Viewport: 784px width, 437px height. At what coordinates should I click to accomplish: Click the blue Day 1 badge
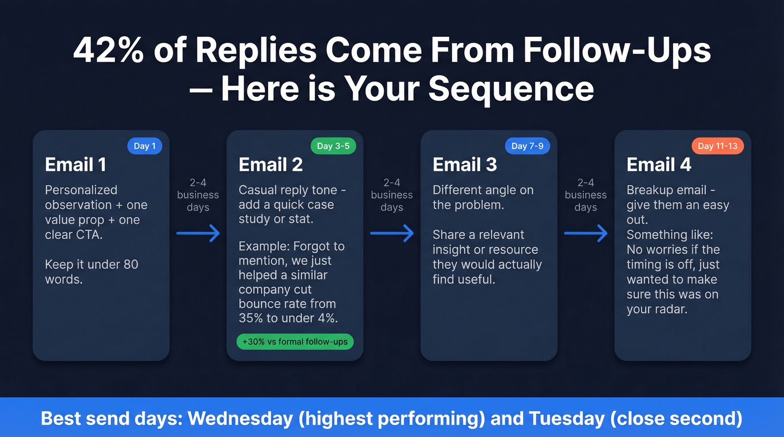click(x=144, y=146)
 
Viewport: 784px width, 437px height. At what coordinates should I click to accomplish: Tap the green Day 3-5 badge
click(x=333, y=146)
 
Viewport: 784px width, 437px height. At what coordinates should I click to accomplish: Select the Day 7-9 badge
click(x=527, y=146)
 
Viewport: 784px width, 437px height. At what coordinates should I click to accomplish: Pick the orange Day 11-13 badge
click(x=717, y=146)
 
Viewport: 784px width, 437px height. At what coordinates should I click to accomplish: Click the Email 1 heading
click(x=75, y=165)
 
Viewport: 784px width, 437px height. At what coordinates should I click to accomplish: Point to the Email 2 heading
click(x=270, y=165)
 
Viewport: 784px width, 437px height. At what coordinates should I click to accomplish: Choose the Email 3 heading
click(x=464, y=165)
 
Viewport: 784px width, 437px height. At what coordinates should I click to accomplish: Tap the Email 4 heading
click(x=659, y=165)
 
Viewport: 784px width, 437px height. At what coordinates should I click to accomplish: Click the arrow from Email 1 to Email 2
click(x=198, y=233)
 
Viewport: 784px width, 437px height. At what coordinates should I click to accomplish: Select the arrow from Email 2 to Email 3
click(x=392, y=233)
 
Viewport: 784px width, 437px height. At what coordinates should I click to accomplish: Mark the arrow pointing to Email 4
click(x=586, y=233)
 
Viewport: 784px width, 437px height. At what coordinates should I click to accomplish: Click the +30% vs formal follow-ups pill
click(x=295, y=341)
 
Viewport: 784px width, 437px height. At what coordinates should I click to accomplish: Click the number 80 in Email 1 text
click(x=130, y=264)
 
